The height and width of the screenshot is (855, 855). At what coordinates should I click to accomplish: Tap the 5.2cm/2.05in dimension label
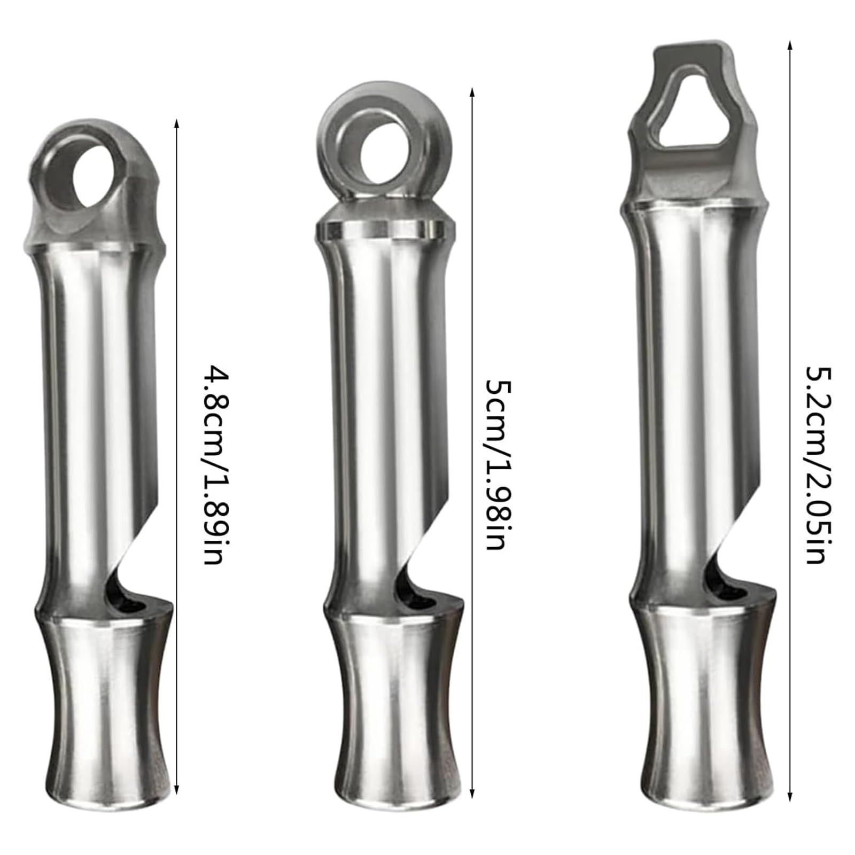(818, 464)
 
